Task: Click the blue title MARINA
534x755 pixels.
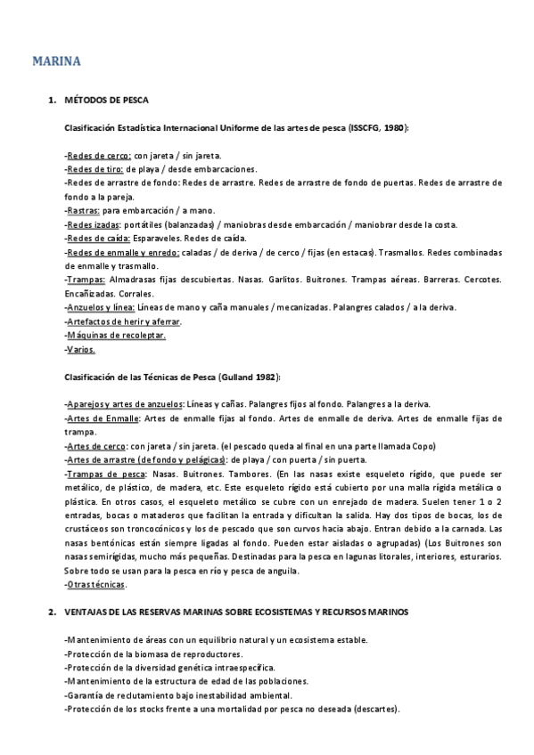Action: pyautogui.click(x=57, y=61)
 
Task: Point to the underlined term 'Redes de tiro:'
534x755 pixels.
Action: pyautogui.click(x=96, y=169)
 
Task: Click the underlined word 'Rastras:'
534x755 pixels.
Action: pyautogui.click(x=85, y=211)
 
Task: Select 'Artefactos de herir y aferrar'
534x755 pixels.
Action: pyautogui.click(x=124, y=321)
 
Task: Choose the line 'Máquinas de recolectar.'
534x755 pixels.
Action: pyautogui.click(x=117, y=336)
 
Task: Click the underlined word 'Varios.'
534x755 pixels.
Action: pyautogui.click(x=82, y=349)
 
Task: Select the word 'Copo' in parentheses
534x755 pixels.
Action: pyautogui.click(x=423, y=446)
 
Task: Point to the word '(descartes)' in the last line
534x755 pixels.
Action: pyautogui.click(x=375, y=710)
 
